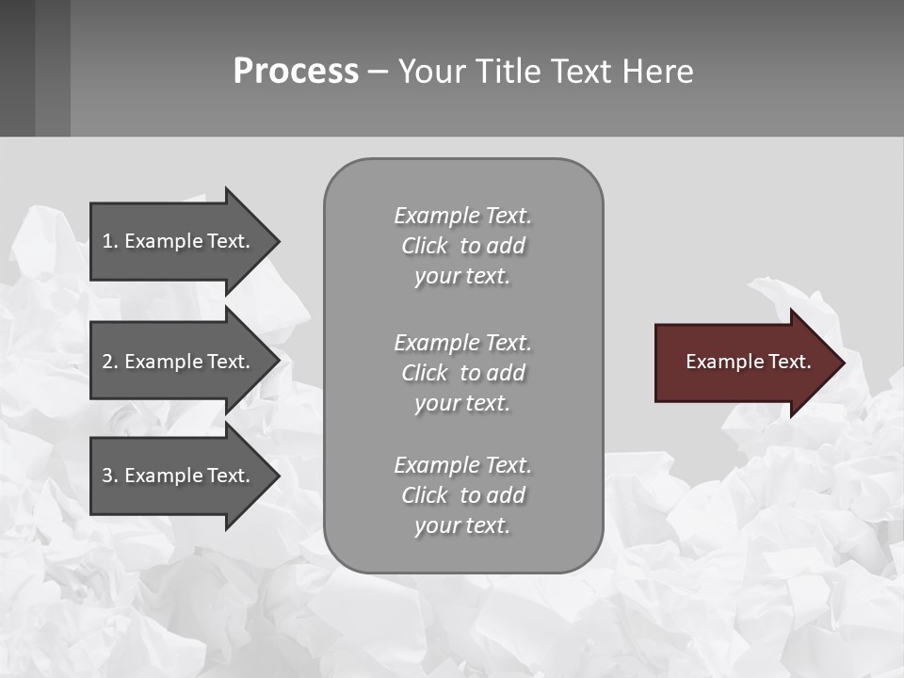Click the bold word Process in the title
point(296,72)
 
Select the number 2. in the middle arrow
point(110,362)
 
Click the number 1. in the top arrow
point(110,241)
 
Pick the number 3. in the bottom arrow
point(110,476)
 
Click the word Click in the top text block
point(425,246)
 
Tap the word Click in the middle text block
point(425,373)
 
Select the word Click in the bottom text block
point(425,495)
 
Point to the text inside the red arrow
point(749,362)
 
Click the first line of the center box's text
point(462,216)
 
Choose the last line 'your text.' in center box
point(462,525)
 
